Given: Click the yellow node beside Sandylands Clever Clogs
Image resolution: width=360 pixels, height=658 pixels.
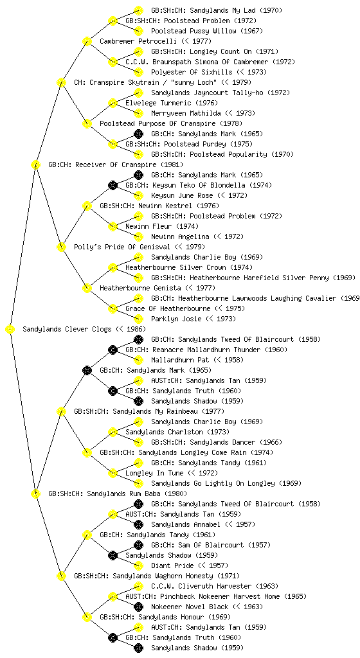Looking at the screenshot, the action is [10, 330].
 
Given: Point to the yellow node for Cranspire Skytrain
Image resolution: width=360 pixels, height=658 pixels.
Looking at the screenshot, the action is [61, 83].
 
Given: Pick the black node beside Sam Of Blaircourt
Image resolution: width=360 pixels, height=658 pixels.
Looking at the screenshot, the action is [138, 545].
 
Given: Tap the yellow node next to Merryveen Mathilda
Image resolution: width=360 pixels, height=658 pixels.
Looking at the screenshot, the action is [138, 113].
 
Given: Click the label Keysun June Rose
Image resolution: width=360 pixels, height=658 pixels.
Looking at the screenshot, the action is [182, 195].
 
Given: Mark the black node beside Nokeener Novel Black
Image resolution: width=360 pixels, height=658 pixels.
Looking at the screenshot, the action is [138, 607].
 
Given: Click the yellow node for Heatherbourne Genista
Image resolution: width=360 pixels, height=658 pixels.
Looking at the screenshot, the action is [87, 289].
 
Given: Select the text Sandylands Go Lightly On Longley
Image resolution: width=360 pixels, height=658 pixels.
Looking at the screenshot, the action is [213, 483].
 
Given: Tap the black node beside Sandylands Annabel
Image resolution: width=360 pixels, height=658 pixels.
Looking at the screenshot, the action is [138, 524].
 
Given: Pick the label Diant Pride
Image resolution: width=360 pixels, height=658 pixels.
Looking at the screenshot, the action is [172, 565].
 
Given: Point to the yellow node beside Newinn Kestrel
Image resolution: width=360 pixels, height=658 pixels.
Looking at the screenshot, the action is [87, 206].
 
